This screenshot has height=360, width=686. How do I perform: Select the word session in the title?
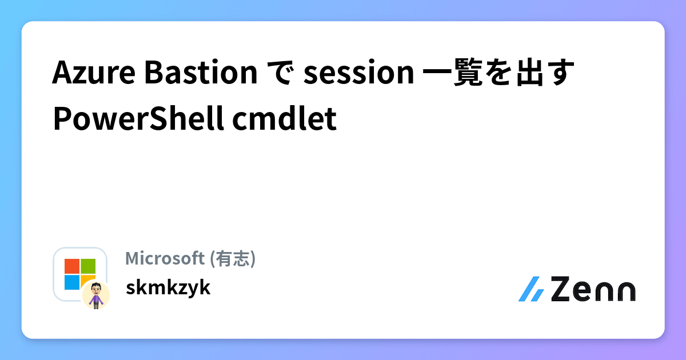(x=358, y=74)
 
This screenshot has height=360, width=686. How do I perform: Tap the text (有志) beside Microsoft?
(x=233, y=259)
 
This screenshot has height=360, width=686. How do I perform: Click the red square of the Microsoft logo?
(x=72, y=266)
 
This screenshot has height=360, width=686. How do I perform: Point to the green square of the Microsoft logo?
(x=88, y=266)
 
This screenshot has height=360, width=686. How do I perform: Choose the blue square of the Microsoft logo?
(x=72, y=282)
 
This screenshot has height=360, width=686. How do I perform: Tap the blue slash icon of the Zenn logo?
(x=531, y=289)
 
